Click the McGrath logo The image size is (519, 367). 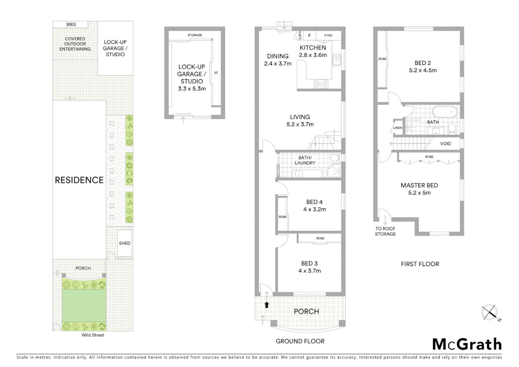[467, 344]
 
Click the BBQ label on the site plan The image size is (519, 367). [71, 24]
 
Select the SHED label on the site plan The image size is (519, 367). [125, 243]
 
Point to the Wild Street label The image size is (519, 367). [93, 335]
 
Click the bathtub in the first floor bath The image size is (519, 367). [445, 111]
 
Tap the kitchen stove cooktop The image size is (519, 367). [321, 83]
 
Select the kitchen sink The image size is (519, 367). [337, 59]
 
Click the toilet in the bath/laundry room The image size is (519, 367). [335, 158]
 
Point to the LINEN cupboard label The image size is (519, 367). [398, 128]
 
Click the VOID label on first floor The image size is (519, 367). [446, 144]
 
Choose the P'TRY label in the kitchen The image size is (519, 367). [328, 35]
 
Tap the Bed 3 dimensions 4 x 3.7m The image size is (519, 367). [309, 271]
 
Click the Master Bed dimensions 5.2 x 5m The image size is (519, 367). [419, 193]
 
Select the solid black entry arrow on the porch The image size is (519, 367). [267, 305]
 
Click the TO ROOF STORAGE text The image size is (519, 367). [385, 231]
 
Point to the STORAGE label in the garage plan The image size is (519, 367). [195, 35]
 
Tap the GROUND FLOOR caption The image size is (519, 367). [300, 341]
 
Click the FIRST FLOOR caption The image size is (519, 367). [420, 264]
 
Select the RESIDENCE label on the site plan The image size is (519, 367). [79, 180]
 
